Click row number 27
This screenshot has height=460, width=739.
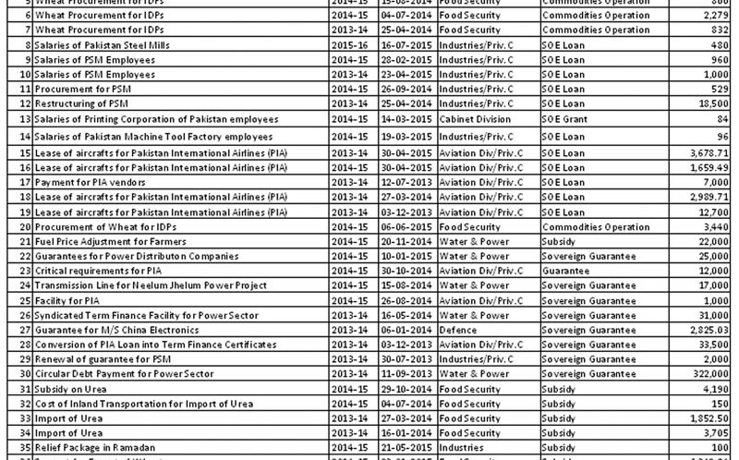pyautogui.click(x=26, y=329)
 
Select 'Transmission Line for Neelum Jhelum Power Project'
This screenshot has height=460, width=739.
pyautogui.click(x=138, y=285)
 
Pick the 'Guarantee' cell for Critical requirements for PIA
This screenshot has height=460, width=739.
pyautogui.click(x=565, y=271)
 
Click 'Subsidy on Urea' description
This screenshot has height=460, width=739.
pyautogui.click(x=70, y=388)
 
